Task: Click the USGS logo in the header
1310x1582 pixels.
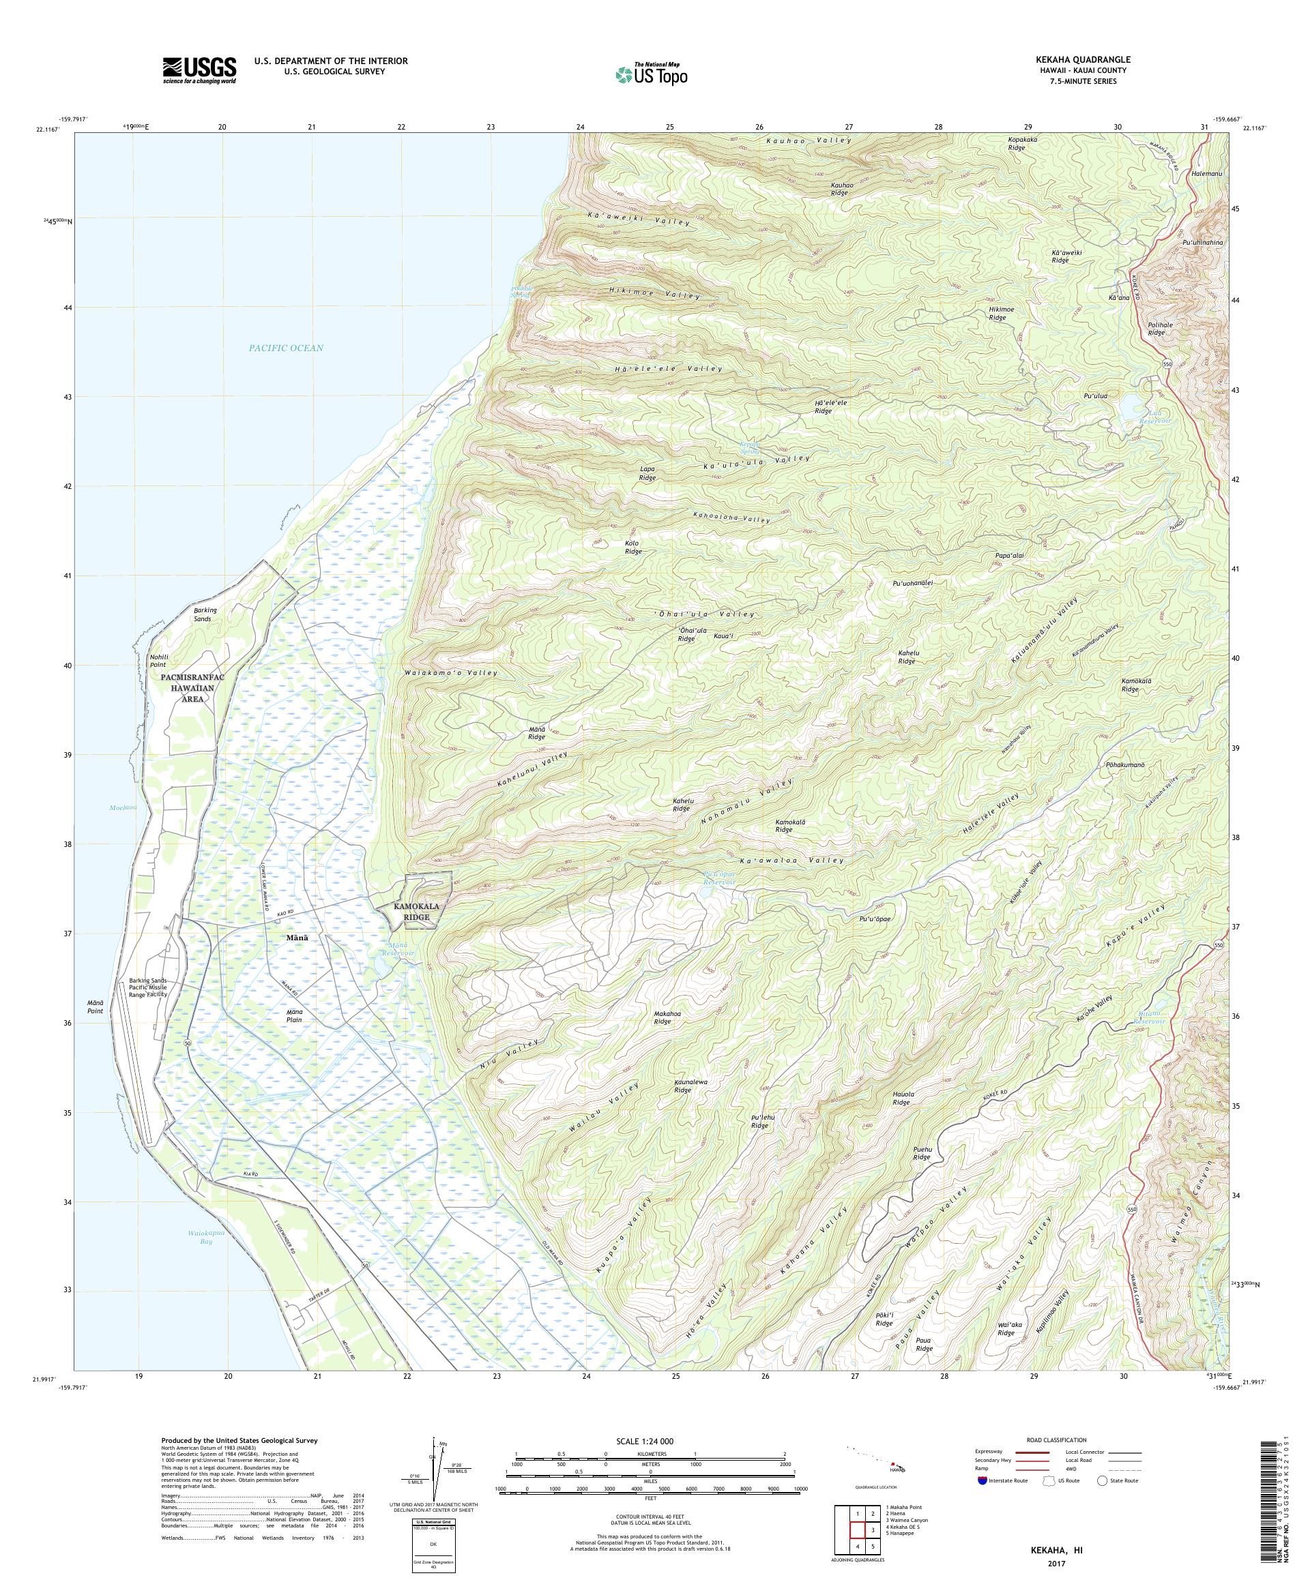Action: click(x=199, y=71)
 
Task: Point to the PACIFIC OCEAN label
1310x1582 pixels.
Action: click(x=287, y=348)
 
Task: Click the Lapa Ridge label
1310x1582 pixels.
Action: click(x=647, y=473)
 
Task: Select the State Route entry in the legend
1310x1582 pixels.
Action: click(x=1123, y=1480)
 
